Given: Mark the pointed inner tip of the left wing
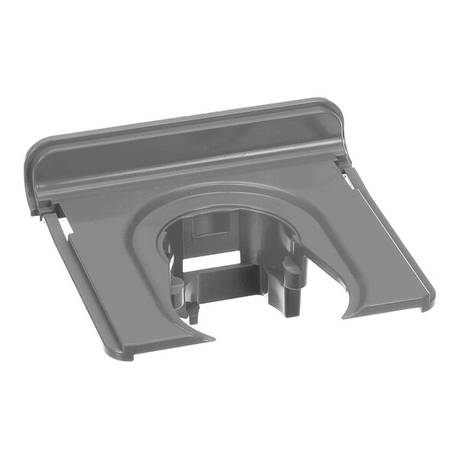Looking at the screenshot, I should (210, 336).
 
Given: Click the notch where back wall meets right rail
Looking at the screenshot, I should (341, 161).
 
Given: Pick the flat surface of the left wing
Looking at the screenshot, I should (115, 283).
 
